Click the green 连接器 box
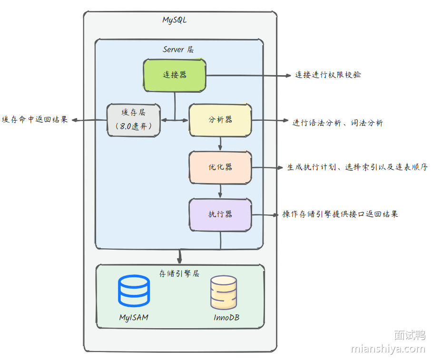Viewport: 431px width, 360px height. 175,75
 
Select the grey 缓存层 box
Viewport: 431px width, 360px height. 133,120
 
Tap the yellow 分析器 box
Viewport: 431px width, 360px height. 220,120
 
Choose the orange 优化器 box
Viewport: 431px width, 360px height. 220,167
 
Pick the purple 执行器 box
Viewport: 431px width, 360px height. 220,214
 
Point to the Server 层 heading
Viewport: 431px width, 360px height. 178,49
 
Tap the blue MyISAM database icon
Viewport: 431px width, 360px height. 133,290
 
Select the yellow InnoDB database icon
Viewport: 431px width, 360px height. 224,293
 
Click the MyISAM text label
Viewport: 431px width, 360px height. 133,317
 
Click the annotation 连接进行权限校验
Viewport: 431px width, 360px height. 328,75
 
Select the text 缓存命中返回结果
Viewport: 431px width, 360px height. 35,120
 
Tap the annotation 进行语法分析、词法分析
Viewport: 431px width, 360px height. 337,123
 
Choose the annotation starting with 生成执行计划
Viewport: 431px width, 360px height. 357,167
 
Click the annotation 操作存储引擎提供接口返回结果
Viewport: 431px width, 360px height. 340,214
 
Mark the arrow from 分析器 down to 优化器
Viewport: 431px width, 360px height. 220,143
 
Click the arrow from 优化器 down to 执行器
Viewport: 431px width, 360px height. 220,191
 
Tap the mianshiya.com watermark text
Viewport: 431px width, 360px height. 388,349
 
